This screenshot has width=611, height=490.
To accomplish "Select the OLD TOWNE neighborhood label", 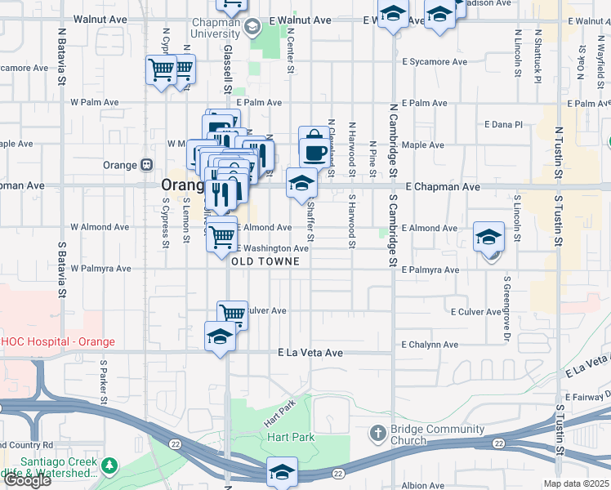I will click(265, 261).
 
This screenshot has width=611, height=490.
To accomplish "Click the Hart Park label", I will click(292, 438).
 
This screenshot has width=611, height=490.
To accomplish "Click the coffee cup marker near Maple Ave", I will click(314, 152).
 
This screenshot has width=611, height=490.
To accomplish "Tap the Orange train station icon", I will click(146, 164).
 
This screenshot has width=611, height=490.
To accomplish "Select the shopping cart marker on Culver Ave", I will click(233, 313).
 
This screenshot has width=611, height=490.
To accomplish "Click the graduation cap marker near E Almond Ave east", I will click(489, 238).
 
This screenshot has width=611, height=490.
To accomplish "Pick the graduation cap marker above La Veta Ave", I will click(220, 336).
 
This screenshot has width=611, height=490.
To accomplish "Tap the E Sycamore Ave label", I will click(435, 62).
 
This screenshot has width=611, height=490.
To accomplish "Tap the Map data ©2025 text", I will click(577, 483).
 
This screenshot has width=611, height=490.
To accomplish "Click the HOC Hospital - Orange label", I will click(57, 341).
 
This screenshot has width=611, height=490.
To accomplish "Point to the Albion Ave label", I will click(423, 485).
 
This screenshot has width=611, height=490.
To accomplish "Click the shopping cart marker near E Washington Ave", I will click(221, 237).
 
